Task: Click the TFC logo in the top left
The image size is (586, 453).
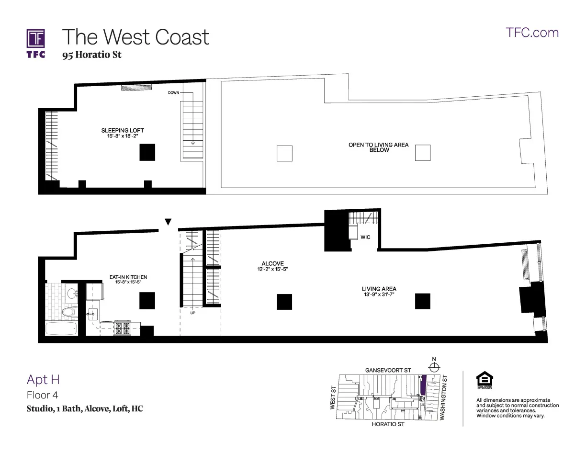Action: pos(36,43)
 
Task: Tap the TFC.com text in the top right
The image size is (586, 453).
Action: pos(532,33)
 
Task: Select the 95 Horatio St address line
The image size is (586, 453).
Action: pos(91,55)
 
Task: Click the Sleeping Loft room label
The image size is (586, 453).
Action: pos(122,130)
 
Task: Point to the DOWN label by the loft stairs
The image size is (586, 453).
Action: pos(173,92)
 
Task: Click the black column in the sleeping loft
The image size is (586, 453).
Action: pos(147,152)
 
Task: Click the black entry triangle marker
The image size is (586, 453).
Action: pos(168,222)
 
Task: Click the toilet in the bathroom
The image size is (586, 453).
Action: pos(69,312)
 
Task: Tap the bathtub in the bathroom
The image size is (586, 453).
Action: pos(60,329)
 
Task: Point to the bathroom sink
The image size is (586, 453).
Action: pos(72,293)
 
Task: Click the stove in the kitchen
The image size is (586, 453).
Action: pos(123,328)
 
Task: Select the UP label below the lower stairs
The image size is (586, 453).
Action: pos(192,313)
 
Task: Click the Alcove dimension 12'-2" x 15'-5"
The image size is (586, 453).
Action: pos(272,270)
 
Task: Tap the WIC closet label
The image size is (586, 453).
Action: pos(365,237)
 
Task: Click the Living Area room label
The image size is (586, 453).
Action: pos(378,289)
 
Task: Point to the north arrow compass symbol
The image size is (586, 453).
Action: pos(434,367)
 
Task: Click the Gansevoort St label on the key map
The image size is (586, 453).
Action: pos(388,370)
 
